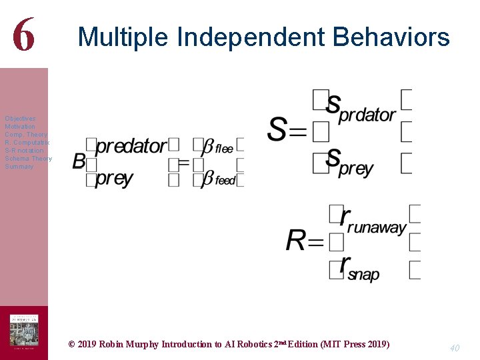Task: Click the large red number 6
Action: (x=23, y=35)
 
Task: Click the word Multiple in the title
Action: (x=123, y=37)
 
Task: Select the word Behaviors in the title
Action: (x=391, y=37)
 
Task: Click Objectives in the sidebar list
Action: (x=20, y=119)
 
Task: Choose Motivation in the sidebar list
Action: (x=20, y=127)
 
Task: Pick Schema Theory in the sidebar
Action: (x=28, y=159)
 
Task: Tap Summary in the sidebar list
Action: (x=19, y=167)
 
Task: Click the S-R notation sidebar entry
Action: (x=24, y=151)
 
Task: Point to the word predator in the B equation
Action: (x=131, y=147)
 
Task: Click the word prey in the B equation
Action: (x=114, y=178)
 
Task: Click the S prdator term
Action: (x=361, y=108)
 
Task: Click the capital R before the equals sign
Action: (x=296, y=241)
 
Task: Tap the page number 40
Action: (x=455, y=347)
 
